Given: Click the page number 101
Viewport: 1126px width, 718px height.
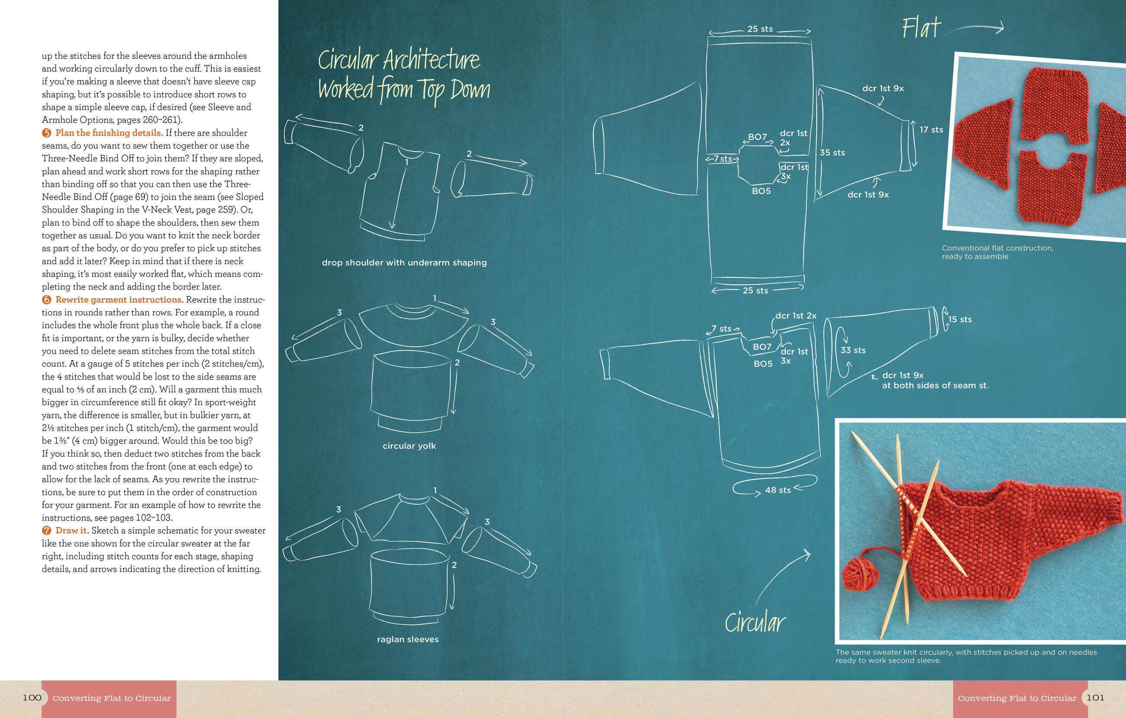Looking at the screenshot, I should tap(1095, 698).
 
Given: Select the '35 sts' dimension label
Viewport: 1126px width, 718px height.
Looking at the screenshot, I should tap(832, 153).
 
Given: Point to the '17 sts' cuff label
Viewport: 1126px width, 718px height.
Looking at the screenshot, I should tap(931, 130).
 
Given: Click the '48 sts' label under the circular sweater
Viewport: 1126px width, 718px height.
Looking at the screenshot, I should tap(778, 490).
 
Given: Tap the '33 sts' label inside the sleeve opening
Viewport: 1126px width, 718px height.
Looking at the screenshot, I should tap(853, 350).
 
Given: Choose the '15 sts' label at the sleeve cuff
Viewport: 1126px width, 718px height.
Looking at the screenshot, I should tap(960, 320).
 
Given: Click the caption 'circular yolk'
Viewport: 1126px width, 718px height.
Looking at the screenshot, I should tap(409, 446).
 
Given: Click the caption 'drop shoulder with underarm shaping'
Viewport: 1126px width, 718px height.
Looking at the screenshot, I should tap(404, 263).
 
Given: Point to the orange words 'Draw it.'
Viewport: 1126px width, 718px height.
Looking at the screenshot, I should tap(72, 531).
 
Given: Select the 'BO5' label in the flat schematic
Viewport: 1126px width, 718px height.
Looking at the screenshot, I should tap(761, 191).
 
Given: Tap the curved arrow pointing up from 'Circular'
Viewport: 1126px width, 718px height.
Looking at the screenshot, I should tap(782, 578).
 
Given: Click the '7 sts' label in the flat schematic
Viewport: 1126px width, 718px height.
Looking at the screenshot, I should tap(722, 159).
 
